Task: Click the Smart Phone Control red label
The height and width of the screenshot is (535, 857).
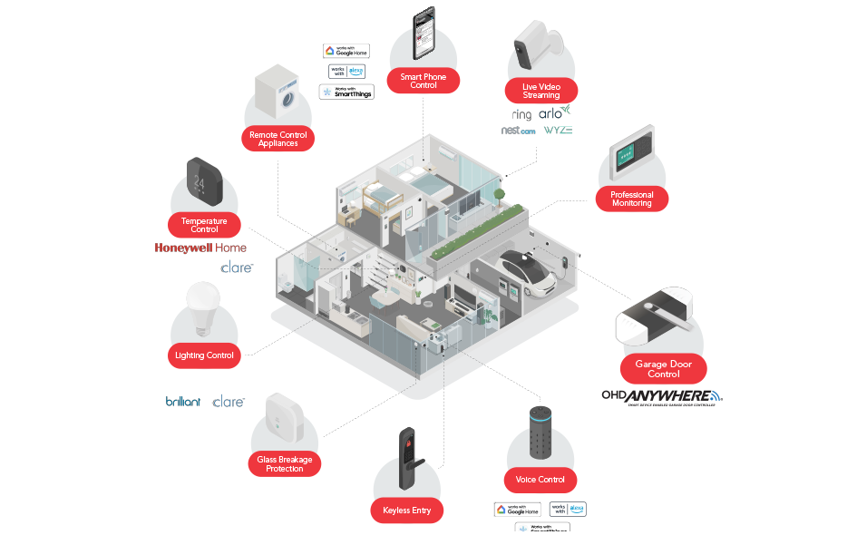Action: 424,81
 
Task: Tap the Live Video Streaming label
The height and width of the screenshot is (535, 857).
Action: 541,91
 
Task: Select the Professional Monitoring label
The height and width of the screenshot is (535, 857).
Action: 631,199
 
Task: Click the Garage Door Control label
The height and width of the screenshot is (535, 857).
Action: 664,369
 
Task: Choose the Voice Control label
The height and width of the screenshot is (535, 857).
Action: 540,480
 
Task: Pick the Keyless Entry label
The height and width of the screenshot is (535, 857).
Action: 407,511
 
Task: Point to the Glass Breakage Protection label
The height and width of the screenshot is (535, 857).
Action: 284,464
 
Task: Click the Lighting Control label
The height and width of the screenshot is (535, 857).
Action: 204,355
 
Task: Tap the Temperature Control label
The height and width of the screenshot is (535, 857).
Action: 204,225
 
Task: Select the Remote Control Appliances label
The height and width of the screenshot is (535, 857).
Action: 278,139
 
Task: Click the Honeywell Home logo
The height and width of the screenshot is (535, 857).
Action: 200,248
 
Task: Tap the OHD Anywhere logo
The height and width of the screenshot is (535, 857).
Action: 662,396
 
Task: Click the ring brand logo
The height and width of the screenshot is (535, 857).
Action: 521,114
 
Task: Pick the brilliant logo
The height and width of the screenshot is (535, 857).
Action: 183,401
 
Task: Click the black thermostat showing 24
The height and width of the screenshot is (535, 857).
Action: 203,183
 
